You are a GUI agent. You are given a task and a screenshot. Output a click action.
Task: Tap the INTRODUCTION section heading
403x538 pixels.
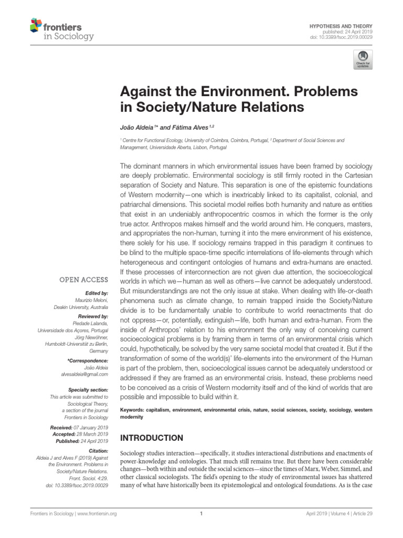click(152, 438)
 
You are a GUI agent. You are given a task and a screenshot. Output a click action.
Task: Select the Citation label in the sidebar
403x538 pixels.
click(98, 451)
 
